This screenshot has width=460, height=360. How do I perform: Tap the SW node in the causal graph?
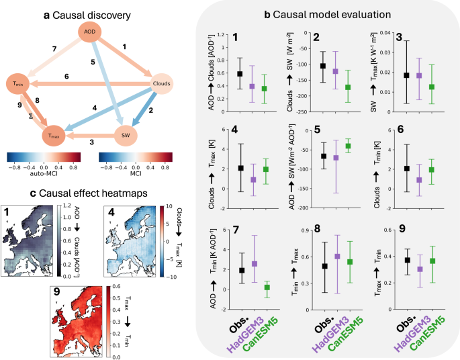(125, 135)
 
